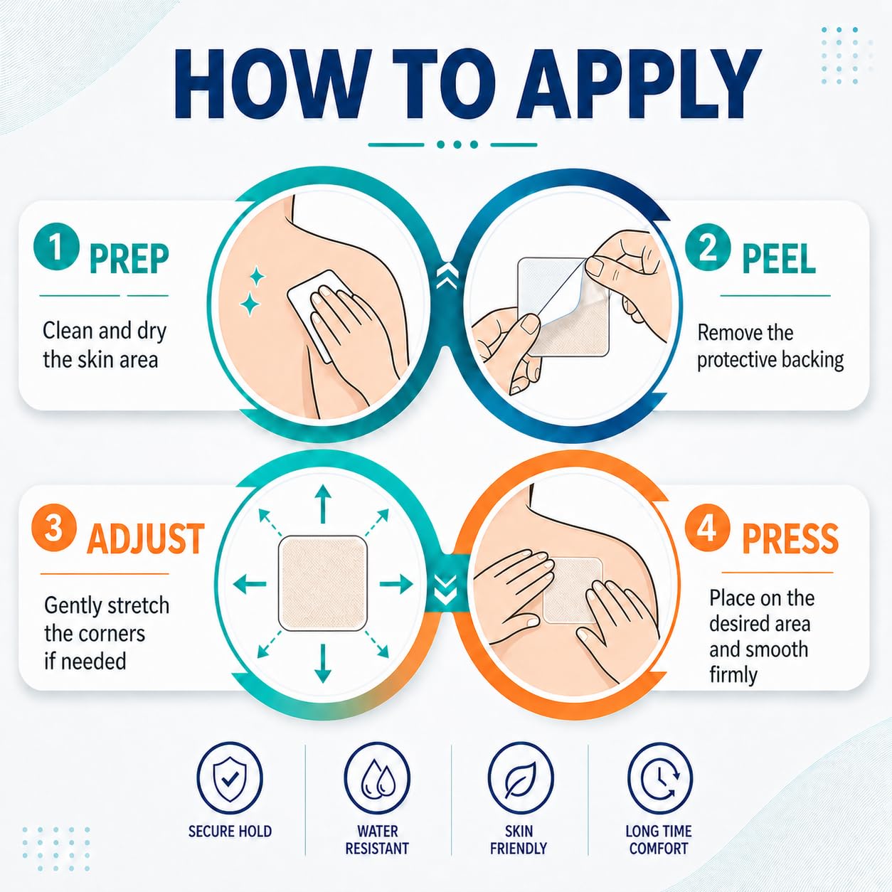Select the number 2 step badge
pyautogui.click(x=708, y=248)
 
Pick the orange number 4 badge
pyautogui.click(x=708, y=528)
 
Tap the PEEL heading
pyautogui.click(x=779, y=259)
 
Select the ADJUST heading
pyautogui.click(x=146, y=538)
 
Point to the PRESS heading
pyautogui.click(x=790, y=538)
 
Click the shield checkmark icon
pyautogui.click(x=230, y=779)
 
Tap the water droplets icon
pyautogui.click(x=377, y=779)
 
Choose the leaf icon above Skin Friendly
pyautogui.click(x=521, y=779)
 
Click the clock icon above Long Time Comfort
pyautogui.click(x=660, y=779)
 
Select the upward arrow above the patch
pyautogui.click(x=323, y=504)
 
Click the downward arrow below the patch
pyautogui.click(x=323, y=664)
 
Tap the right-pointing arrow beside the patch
pyautogui.click(x=395, y=584)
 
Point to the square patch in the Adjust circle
pyautogui.click(x=323, y=583)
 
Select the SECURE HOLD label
pyautogui.click(x=230, y=844)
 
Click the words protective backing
pyautogui.click(x=770, y=360)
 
